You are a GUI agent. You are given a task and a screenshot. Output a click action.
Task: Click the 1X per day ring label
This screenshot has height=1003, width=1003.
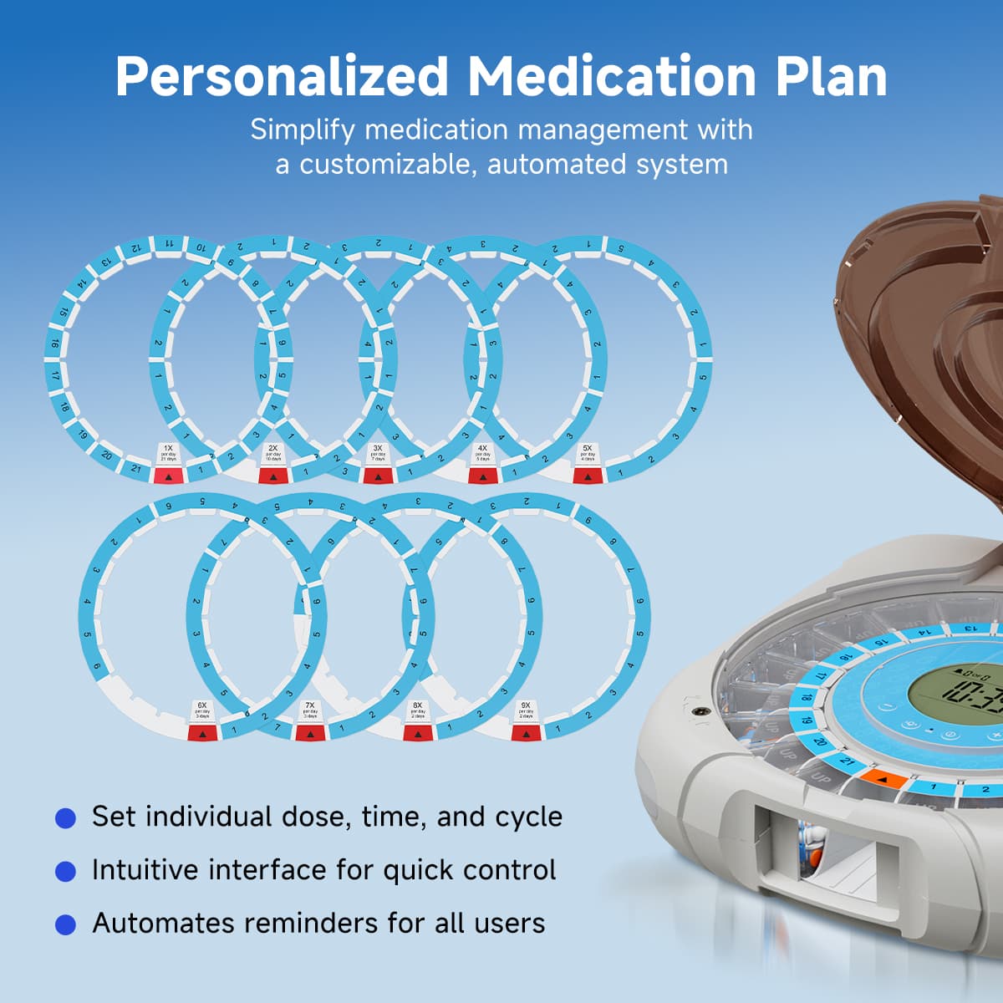[169, 453]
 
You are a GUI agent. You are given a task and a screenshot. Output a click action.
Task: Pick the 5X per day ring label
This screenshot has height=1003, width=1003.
[588, 453]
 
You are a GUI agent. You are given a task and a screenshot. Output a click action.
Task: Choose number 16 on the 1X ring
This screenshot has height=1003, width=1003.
[54, 344]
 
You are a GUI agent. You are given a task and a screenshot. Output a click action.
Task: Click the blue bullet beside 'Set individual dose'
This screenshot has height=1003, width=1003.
[65, 817]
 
